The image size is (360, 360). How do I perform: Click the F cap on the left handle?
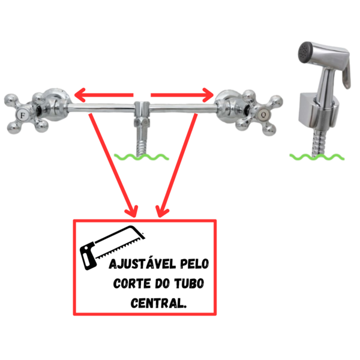pyautogui.click(x=23, y=115)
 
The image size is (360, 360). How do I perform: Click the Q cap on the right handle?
pyautogui.click(x=263, y=114)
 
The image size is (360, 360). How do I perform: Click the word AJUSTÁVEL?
pyautogui.click(x=143, y=264)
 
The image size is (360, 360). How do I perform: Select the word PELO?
pyautogui.click(x=194, y=264)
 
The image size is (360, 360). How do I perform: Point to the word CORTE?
pyautogui.click(x=132, y=284)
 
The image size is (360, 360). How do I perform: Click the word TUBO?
pyautogui.click(x=189, y=284)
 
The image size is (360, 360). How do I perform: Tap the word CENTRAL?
pyautogui.click(x=158, y=303)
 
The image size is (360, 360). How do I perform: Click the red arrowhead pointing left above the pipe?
pyautogui.click(x=80, y=95)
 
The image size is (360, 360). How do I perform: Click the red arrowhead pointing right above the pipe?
pyautogui.click(x=208, y=95)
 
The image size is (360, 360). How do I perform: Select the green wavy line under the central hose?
pyautogui.click(x=142, y=157)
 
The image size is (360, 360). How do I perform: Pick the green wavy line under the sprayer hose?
pyautogui.click(x=317, y=157)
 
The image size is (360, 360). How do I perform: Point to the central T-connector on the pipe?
pyautogui.click(x=142, y=114)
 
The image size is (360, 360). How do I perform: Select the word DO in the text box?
pyautogui.click(x=163, y=284)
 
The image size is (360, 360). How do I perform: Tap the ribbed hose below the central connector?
pyautogui.click(x=142, y=143)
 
